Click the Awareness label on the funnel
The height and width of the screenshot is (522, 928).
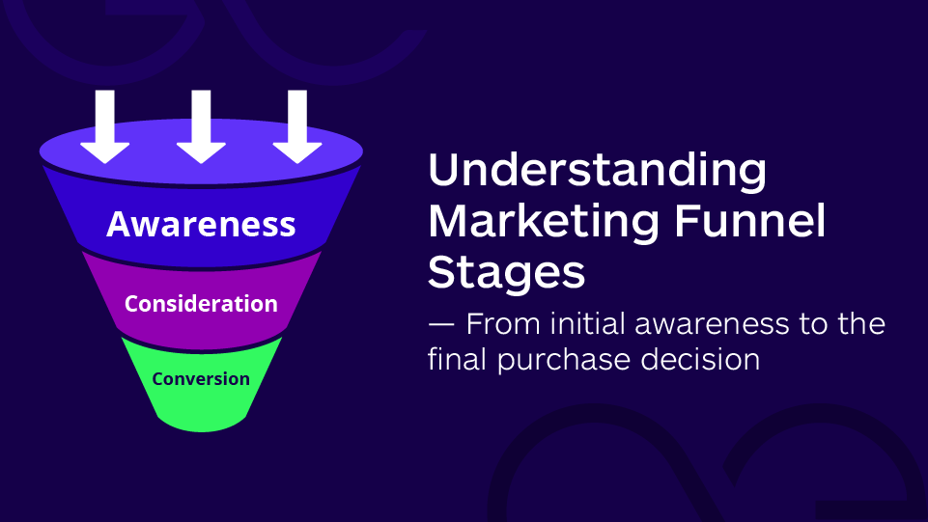[201, 224]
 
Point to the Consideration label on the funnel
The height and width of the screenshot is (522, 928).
[201, 304]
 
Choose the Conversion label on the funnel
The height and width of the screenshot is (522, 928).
[201, 379]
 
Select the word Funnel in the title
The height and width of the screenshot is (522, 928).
[756, 222]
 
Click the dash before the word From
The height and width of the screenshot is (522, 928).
[439, 323]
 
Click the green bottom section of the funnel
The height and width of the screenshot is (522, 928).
[201, 405]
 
